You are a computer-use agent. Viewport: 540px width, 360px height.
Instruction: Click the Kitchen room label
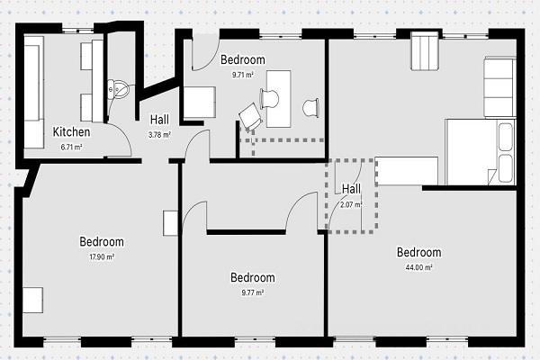(72, 132)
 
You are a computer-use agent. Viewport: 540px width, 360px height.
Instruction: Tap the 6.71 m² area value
(71, 147)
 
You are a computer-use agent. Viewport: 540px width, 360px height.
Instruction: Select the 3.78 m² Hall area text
(160, 135)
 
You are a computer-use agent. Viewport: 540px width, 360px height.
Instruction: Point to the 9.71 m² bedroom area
(243, 75)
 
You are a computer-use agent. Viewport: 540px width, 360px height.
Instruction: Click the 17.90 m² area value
(102, 257)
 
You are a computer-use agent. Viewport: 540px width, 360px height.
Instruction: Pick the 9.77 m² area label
(253, 292)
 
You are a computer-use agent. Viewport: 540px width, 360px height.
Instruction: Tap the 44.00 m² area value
(419, 267)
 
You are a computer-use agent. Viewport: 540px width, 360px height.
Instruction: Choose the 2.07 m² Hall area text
(351, 204)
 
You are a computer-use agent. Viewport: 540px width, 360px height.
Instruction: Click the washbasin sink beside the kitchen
(118, 90)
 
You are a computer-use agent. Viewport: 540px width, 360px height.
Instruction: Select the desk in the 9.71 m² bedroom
(279, 99)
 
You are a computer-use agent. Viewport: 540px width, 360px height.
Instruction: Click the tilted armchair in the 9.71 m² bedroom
(251, 117)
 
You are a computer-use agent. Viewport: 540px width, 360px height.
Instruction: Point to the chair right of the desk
(310, 107)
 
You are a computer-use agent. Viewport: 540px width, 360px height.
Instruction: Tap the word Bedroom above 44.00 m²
(419, 252)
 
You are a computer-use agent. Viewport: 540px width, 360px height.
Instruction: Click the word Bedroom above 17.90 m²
(102, 242)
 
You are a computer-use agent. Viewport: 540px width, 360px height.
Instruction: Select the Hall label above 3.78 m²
(160, 120)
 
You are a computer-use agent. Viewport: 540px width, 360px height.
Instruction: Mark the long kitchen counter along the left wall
(34, 93)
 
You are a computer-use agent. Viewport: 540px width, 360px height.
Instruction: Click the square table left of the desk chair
(200, 103)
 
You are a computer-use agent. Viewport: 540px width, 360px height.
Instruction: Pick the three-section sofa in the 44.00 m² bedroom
(500, 87)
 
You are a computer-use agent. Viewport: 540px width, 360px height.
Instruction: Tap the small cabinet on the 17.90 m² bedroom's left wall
(33, 300)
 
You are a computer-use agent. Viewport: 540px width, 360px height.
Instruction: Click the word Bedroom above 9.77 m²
(253, 278)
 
